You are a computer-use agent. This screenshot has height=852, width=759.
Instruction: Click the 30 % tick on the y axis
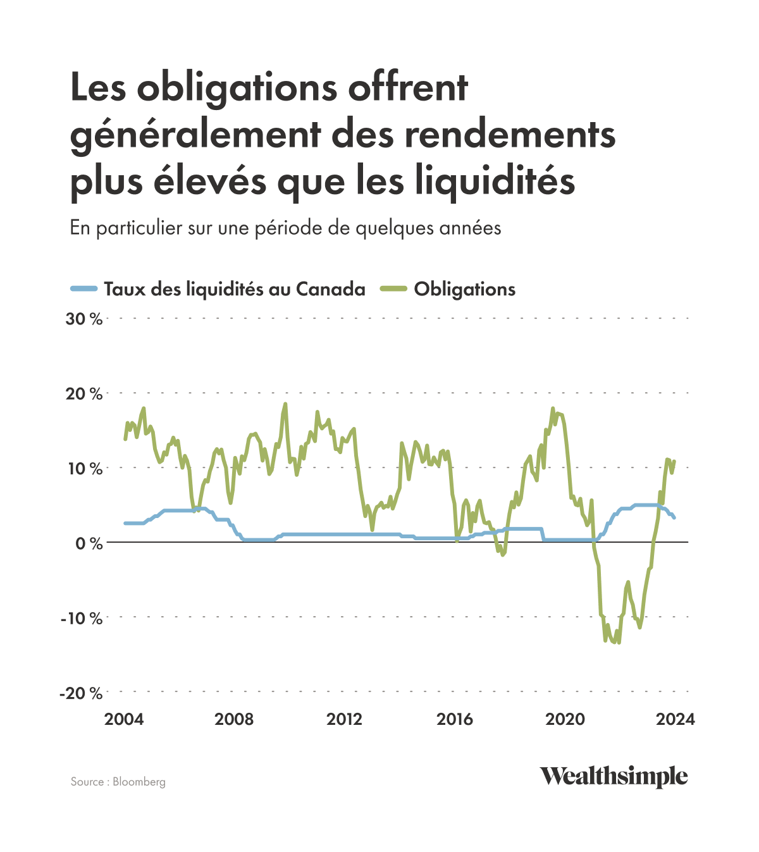click(84, 319)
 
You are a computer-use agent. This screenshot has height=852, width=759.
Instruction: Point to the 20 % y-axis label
click(84, 393)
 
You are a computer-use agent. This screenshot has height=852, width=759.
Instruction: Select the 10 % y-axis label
click(85, 469)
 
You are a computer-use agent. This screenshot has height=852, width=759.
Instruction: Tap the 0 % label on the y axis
click(89, 543)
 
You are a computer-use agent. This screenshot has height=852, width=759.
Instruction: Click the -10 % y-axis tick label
click(82, 618)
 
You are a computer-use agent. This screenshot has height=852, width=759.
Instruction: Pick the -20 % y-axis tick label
click(81, 693)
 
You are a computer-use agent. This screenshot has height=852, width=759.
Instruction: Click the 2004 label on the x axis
click(124, 719)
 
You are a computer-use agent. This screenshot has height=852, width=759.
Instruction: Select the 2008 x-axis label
click(234, 719)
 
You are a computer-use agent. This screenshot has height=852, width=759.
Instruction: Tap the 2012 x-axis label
click(345, 719)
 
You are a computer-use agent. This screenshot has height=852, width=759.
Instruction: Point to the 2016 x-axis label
click(455, 719)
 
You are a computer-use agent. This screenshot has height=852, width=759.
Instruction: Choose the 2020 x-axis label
click(565, 719)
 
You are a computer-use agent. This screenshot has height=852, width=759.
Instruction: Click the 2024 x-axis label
click(675, 719)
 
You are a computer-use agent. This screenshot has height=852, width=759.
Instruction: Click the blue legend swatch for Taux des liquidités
click(83, 290)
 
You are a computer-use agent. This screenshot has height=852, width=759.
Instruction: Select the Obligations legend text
click(465, 289)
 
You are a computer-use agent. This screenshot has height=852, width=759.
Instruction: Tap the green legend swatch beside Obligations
click(393, 290)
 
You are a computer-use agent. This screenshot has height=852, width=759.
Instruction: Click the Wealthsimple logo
click(613, 776)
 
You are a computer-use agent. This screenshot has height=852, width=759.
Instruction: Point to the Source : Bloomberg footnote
click(118, 782)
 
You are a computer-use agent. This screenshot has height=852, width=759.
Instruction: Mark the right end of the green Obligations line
click(674, 461)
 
